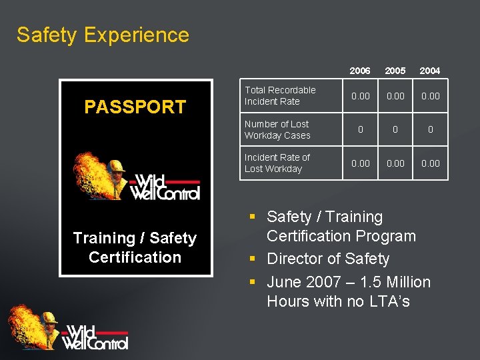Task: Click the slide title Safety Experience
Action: (103, 35)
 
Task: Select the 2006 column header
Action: (360, 71)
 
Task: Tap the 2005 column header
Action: (395, 71)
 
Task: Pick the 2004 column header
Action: (430, 71)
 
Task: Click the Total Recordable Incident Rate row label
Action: (280, 95)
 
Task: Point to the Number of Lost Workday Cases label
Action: (277, 129)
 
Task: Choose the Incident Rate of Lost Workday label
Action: (277, 163)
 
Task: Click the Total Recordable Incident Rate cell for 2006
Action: (361, 96)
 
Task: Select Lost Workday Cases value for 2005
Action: (395, 129)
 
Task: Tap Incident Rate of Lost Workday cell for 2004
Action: (431, 163)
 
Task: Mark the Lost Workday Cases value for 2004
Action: (431, 129)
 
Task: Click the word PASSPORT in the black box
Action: (135, 107)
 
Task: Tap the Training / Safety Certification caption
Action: (135, 247)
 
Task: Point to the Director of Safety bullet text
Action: (328, 259)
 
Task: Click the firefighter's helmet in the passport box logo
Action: (117, 165)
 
